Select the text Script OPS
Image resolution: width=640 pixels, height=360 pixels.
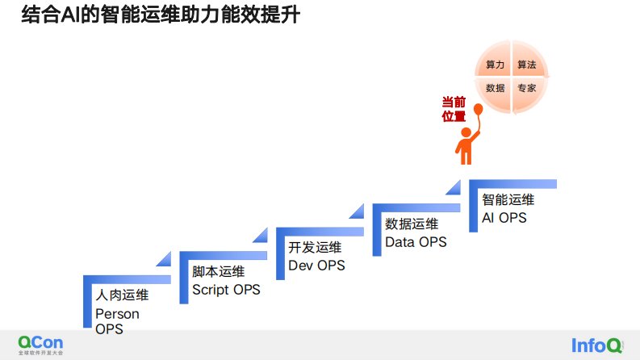226,290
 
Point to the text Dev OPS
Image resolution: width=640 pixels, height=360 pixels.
316,266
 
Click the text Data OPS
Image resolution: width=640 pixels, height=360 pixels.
416,241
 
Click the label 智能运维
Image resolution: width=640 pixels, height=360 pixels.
508,199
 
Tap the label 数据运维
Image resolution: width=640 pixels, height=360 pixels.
412,224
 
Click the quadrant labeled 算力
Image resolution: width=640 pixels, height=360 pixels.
495,64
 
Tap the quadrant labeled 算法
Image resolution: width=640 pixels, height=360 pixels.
527,64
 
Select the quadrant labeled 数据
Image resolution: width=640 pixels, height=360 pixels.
495,88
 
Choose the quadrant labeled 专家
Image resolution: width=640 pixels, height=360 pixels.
527,88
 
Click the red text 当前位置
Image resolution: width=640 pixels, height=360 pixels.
454,109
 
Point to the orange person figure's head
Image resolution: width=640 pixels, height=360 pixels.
464,132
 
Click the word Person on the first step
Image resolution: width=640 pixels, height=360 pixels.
117,314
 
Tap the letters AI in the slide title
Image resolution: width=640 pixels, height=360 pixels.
73,15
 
